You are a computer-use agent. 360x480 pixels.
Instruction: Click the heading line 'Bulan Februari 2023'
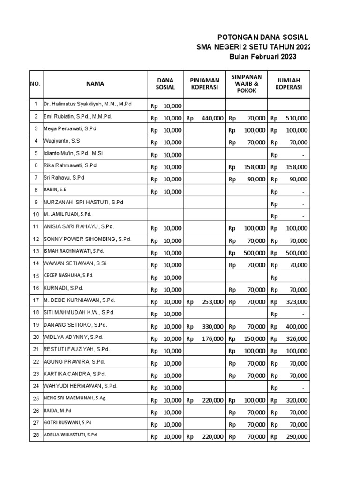pos(262,57)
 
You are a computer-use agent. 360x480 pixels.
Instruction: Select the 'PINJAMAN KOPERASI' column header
pos(204,84)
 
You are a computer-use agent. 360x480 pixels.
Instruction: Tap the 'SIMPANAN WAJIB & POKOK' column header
pos(247,84)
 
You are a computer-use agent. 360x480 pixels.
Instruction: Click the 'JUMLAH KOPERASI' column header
pos(288,84)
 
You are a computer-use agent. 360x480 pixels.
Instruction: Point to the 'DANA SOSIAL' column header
pos(165,84)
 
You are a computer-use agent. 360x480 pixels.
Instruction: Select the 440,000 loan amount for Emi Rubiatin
pos(212,118)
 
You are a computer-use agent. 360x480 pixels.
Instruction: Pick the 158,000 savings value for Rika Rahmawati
pos(255,167)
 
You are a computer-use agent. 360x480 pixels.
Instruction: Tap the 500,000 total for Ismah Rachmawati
pos(296,253)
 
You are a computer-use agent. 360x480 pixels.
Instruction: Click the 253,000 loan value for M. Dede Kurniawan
pos(212,302)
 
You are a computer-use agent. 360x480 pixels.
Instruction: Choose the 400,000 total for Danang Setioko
pos(296,326)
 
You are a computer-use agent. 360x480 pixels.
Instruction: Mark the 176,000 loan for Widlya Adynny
pos(212,338)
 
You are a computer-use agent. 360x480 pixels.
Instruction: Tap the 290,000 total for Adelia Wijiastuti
pos(296,436)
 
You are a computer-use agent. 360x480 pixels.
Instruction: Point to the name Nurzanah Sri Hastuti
pos(84,202)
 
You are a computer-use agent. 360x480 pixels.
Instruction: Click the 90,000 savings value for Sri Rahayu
pos(256,179)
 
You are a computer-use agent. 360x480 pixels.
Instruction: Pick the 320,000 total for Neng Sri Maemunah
pos(296,400)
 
